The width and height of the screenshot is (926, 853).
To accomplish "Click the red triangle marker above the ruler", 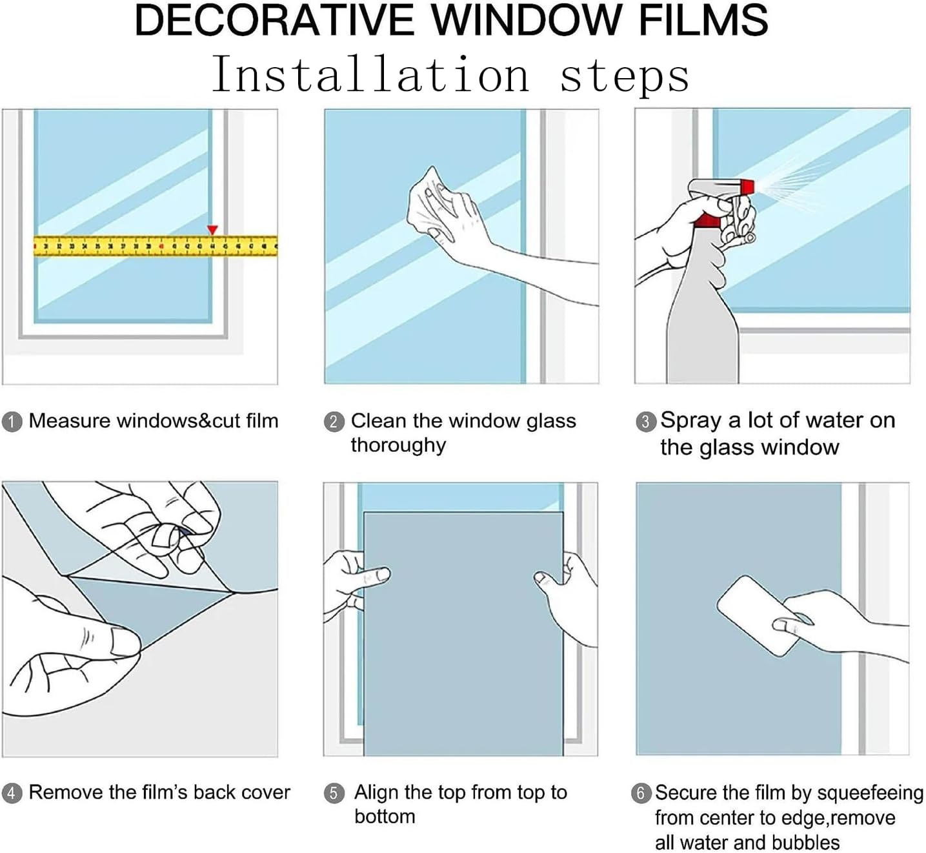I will [x=212, y=230].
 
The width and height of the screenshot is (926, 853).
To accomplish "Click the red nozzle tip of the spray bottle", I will [x=747, y=187].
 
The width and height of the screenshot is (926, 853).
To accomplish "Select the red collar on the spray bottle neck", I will [x=707, y=221].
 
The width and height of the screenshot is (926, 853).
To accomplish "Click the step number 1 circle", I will [x=12, y=422].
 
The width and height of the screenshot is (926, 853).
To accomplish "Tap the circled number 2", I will [x=334, y=422].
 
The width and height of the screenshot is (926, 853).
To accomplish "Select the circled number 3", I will [x=645, y=422].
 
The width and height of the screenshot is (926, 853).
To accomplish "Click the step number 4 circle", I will [x=12, y=793].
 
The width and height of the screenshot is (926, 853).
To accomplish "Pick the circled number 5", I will [x=334, y=793].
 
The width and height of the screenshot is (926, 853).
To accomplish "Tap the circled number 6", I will [x=640, y=793].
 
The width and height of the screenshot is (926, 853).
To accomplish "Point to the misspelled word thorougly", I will [x=398, y=446].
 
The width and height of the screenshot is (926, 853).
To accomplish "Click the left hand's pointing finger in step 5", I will [x=377, y=575].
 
